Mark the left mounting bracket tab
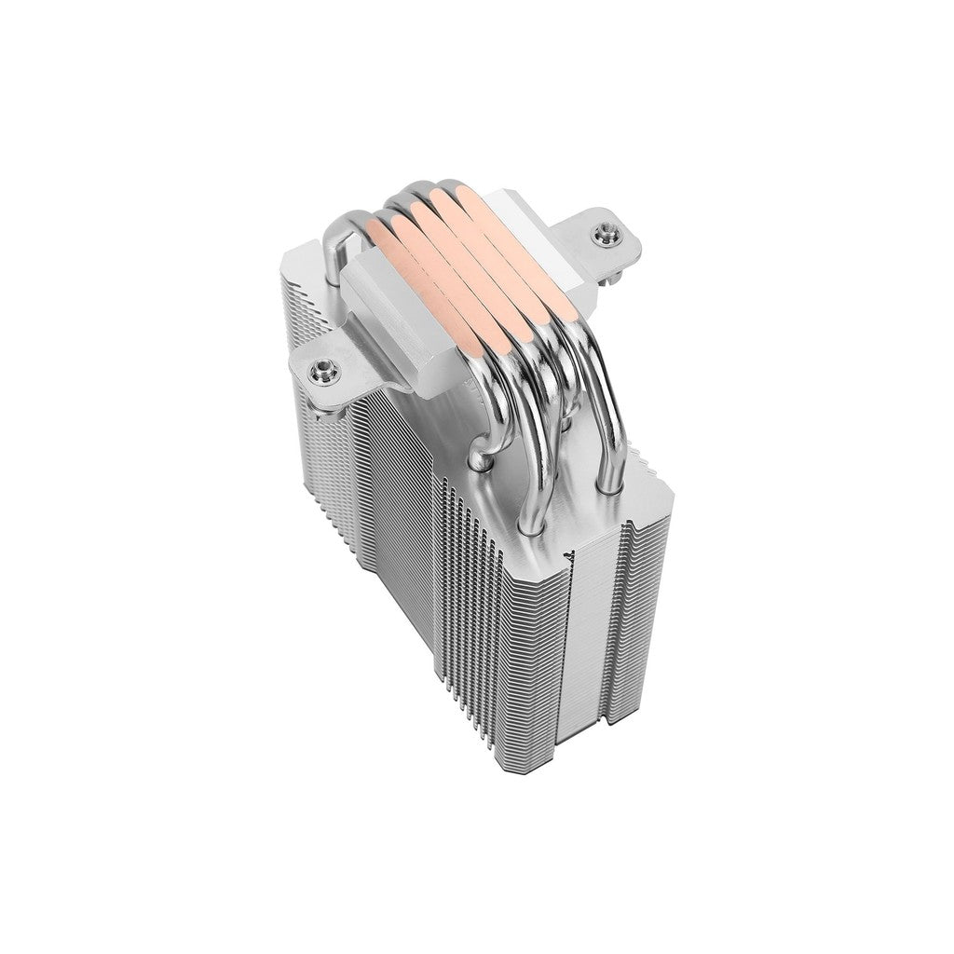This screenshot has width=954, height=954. [x=331, y=377]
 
